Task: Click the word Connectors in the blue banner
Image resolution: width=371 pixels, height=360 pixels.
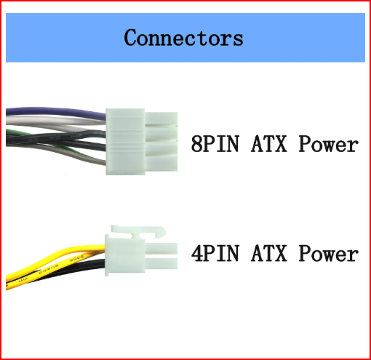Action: point(183,38)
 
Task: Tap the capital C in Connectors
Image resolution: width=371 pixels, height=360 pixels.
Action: point(131,38)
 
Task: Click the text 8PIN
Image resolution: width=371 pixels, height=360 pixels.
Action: point(215,144)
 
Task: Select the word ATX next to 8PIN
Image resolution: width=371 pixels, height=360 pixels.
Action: point(269,144)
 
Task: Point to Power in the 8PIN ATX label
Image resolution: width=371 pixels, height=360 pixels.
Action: point(328,144)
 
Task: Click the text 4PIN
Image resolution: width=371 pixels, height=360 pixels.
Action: point(215,254)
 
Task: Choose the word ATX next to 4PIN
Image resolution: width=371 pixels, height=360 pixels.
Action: point(269,254)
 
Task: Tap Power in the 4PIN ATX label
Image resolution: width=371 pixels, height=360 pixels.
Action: point(328,254)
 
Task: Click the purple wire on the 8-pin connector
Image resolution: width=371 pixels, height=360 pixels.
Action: point(56,111)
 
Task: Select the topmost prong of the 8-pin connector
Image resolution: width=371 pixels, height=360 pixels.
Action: point(161,119)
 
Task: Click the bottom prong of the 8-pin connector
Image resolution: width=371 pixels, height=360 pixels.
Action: point(161,163)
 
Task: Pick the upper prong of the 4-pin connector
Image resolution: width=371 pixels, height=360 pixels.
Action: point(161,249)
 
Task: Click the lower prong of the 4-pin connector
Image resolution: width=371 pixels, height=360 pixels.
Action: point(161,263)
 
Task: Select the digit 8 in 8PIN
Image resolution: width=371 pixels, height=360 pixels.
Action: point(196,144)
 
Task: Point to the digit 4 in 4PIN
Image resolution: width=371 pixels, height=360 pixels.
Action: point(196,254)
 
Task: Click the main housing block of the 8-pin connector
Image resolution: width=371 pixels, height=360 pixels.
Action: point(125,142)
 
